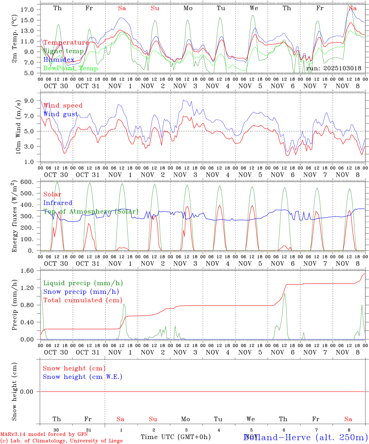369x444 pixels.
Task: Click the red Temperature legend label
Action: [x=66, y=43]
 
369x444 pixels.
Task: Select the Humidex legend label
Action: [x=59, y=60]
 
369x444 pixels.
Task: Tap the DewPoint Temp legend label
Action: [x=70, y=68]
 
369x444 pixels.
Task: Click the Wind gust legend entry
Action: [x=61, y=114]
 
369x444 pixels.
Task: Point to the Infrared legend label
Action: [x=58, y=203]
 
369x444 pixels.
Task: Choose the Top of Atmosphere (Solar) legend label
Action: [x=91, y=212]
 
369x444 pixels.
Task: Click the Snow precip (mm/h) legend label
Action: [x=81, y=292]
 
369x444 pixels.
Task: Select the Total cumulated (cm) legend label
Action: [x=83, y=300]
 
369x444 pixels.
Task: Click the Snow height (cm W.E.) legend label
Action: [x=83, y=377]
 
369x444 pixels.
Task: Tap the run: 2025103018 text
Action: [x=333, y=68]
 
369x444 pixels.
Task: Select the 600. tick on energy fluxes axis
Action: [x=27, y=182]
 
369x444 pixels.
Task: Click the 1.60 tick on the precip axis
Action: [x=28, y=271]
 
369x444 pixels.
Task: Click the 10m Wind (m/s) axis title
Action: [x=18, y=127]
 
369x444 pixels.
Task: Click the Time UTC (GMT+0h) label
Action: [x=176, y=437]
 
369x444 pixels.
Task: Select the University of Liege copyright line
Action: [x=61, y=441]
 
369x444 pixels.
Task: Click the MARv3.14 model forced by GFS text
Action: [x=44, y=434]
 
